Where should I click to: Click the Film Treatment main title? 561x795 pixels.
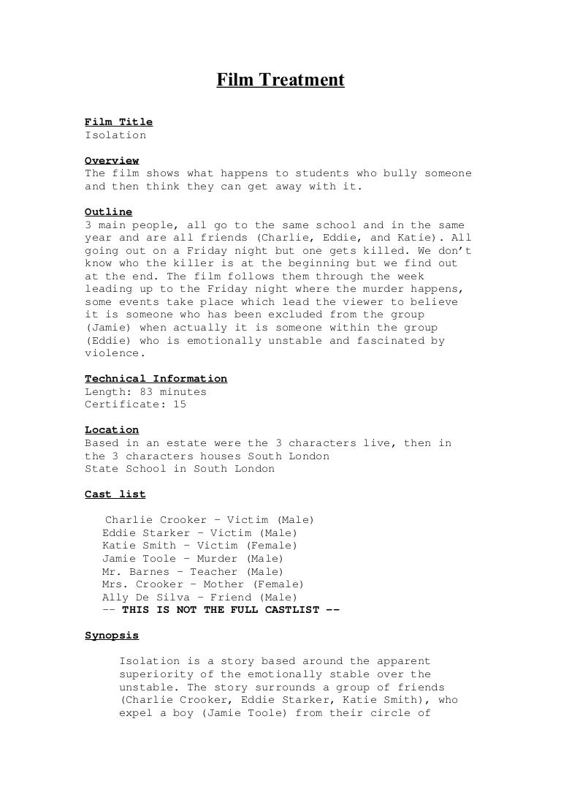pyautogui.click(x=280, y=79)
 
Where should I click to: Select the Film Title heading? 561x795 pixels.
pyautogui.click(x=118, y=122)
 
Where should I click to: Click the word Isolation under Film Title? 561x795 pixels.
pyautogui.click(x=115, y=135)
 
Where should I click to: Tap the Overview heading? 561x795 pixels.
pyautogui.click(x=112, y=161)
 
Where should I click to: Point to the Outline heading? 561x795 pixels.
pyautogui.click(x=109, y=212)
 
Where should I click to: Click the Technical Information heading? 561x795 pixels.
pyautogui.click(x=156, y=379)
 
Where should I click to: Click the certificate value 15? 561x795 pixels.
pyautogui.click(x=180, y=404)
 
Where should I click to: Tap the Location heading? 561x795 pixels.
pyautogui.click(x=112, y=430)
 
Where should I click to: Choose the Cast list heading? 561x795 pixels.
pyautogui.click(x=115, y=494)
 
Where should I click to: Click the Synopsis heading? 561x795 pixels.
pyautogui.click(x=112, y=636)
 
